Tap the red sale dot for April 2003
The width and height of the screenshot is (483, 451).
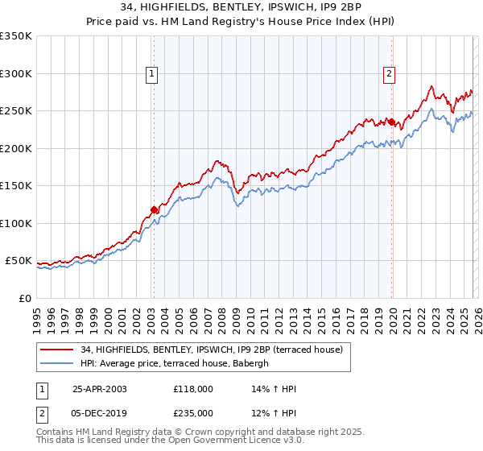click(154, 210)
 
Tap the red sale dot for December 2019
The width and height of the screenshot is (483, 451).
click(392, 122)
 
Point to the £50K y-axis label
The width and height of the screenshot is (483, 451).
click(19, 261)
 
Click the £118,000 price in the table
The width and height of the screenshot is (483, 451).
click(192, 389)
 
